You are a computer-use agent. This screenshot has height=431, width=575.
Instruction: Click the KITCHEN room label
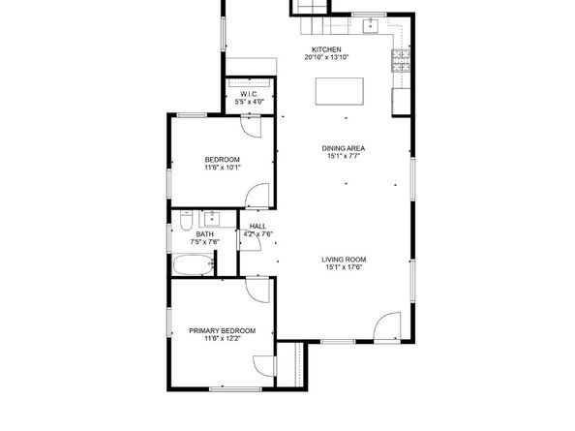point(326,49)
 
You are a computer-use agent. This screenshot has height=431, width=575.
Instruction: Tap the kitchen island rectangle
point(340,91)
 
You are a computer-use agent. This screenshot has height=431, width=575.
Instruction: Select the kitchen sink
point(371,26)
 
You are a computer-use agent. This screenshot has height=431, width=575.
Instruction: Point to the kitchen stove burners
point(401,60)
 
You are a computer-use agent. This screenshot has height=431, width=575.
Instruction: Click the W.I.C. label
point(249,94)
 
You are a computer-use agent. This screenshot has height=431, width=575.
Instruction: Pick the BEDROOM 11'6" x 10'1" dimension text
point(223,168)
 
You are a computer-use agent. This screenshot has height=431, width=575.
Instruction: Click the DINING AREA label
point(344,148)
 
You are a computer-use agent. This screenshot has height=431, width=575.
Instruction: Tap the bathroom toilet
point(186,221)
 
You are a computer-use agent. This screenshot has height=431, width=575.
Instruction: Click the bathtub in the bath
point(194,264)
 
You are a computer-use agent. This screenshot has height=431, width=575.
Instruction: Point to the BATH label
point(204,234)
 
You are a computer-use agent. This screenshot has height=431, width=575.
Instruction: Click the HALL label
point(257,227)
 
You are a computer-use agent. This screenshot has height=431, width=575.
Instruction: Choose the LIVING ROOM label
point(344,260)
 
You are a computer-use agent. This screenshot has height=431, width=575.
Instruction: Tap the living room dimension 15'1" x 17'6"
point(344,267)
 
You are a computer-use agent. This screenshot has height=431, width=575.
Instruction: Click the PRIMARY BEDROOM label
point(223,331)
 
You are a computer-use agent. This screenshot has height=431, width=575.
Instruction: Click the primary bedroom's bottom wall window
point(235,388)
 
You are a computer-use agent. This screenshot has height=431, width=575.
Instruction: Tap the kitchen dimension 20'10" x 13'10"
point(326,57)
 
